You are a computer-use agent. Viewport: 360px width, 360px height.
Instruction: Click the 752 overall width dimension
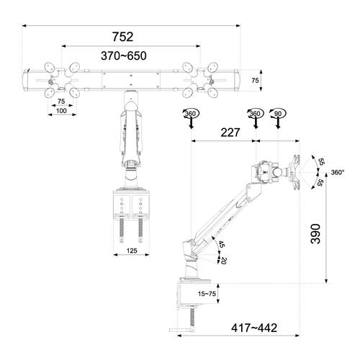pos(132,36)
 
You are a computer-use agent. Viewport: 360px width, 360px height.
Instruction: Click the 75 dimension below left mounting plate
pos(61,102)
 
